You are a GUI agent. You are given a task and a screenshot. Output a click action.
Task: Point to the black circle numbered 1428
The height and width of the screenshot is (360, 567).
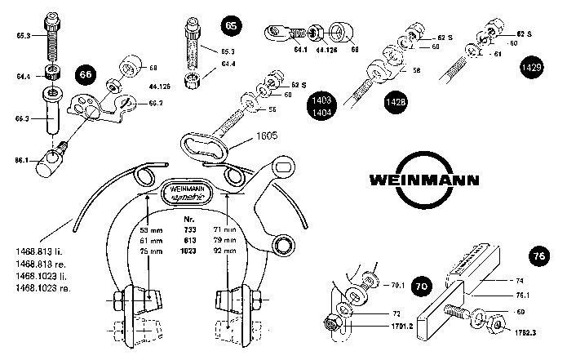coord(395,103)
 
